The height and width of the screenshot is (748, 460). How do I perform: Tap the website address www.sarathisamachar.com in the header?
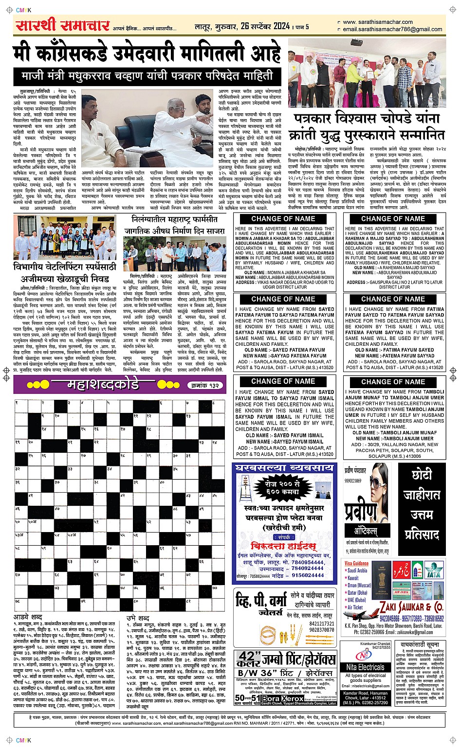pos(377,22)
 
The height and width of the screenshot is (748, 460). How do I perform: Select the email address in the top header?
pos(392,29)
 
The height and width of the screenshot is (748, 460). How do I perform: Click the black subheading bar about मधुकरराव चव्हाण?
pos(147,76)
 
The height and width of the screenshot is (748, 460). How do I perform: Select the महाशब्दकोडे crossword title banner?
pos(108,385)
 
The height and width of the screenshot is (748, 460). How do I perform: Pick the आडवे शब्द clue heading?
pos(28,617)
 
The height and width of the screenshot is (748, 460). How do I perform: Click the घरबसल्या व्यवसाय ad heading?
pos(284,468)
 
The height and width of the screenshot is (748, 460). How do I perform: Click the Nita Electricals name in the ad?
pos(365,667)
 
